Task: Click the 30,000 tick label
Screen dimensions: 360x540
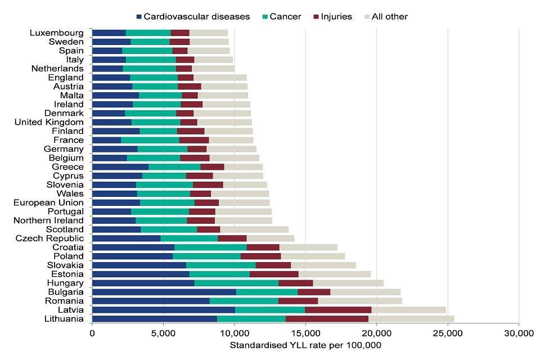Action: pos(519,332)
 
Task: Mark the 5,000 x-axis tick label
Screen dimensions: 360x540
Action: pos(163,332)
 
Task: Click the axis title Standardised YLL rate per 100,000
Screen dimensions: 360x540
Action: pos(305,345)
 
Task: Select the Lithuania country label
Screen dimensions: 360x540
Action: pos(64,319)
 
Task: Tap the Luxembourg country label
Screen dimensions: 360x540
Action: pos(57,33)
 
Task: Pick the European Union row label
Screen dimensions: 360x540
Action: pos(48,202)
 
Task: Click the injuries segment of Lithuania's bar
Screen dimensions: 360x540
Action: pos(327,319)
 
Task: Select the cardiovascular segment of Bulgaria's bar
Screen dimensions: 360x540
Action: pos(164,292)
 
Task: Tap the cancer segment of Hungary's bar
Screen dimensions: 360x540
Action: pos(236,283)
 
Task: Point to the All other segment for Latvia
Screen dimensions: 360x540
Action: pos(408,310)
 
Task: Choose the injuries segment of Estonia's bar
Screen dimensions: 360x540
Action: pos(274,274)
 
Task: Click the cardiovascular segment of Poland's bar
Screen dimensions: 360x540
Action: pos(132,256)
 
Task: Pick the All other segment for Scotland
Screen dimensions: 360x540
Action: pos(254,229)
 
